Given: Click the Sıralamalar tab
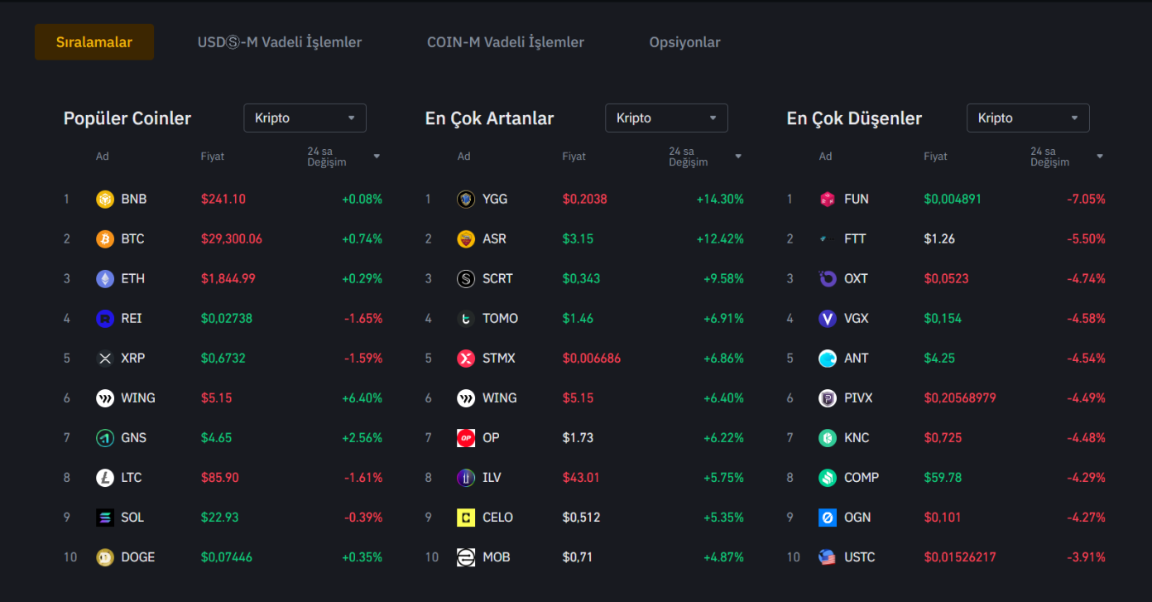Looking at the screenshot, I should click(x=94, y=42).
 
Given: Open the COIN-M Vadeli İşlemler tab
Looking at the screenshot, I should click(x=505, y=42).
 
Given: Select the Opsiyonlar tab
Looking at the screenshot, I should click(x=684, y=42).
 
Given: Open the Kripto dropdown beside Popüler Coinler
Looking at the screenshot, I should click(x=305, y=118).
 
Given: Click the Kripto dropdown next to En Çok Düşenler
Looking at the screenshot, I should click(x=1028, y=118).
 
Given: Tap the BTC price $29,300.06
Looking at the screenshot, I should click(x=231, y=238).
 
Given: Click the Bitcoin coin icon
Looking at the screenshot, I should click(x=105, y=238).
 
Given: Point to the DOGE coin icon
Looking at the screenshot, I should click(x=105, y=556).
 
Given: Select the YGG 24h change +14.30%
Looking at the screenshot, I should click(x=720, y=199).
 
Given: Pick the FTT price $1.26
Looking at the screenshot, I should click(x=939, y=238).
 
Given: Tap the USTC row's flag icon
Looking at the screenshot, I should click(x=828, y=556).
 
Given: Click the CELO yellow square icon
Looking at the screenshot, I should click(x=466, y=517).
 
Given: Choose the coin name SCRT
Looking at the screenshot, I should click(x=497, y=278).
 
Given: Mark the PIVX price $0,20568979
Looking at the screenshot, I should click(x=960, y=397).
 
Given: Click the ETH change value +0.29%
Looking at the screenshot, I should click(x=362, y=278).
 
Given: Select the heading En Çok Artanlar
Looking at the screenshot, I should click(x=489, y=118).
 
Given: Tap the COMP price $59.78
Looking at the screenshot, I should click(x=943, y=477).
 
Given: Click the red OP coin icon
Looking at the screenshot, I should click(x=466, y=437).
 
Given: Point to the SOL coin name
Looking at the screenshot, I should click(x=132, y=517).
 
